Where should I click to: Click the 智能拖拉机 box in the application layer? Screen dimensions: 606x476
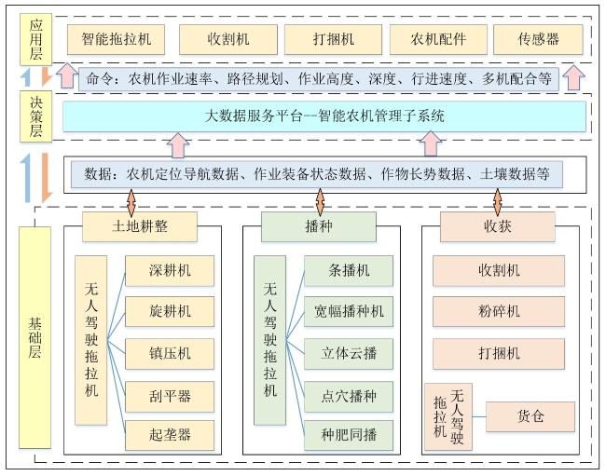point(116,39)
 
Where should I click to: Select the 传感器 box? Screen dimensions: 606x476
point(538,39)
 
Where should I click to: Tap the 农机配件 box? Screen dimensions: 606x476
point(438,39)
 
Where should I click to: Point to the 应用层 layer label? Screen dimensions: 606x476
point(35,39)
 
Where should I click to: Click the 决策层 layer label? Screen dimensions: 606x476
point(35,116)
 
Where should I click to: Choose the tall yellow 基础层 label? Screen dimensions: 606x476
point(34,337)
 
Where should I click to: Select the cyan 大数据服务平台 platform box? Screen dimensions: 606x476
point(324,116)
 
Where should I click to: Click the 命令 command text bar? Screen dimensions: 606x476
point(319,79)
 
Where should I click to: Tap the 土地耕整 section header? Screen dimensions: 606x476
point(140,226)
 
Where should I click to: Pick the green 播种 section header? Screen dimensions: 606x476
point(319,226)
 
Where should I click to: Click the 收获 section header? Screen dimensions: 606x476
point(498,226)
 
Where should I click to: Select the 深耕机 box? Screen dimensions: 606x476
point(170,271)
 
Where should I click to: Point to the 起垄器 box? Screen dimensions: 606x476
point(170,435)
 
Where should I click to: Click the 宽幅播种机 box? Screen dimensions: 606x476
point(349,311)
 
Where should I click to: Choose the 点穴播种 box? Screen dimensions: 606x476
point(349,397)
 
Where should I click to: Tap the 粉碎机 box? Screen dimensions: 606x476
point(499,311)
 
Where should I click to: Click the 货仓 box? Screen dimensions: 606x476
point(530,416)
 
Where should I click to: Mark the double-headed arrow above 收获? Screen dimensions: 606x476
point(498,202)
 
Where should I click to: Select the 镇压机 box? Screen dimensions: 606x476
point(170,354)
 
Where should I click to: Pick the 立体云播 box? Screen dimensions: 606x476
point(349,354)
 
